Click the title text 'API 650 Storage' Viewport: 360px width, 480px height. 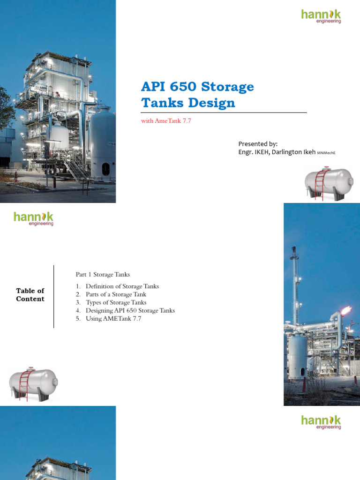197,87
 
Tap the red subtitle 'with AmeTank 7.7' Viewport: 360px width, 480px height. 166,121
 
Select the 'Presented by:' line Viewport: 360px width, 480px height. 258,144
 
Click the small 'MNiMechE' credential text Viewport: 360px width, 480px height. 327,153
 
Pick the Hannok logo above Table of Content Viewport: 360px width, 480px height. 33,218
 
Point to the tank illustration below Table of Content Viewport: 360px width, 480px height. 33,384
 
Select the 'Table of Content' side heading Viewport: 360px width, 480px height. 30,295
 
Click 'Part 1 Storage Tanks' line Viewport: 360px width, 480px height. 103,274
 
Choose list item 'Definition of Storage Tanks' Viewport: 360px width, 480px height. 122,286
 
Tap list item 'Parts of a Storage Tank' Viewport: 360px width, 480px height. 116,294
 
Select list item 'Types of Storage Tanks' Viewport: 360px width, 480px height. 116,302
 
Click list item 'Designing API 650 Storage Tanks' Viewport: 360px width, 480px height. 130,310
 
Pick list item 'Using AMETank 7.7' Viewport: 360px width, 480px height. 113,319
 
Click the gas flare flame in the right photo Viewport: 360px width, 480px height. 347,310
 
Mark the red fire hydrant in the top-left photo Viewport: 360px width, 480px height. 16,176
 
